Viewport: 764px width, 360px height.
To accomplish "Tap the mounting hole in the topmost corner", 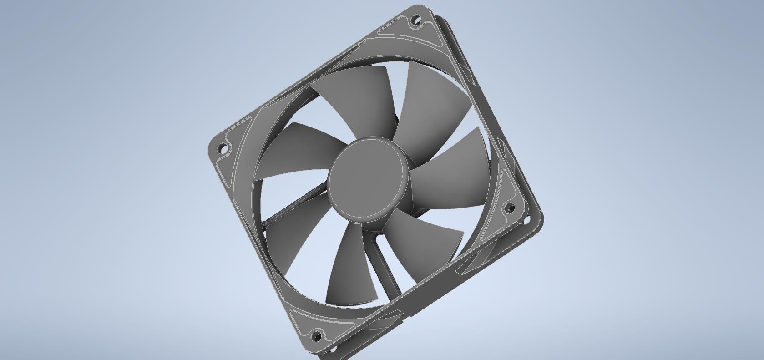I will (415, 20).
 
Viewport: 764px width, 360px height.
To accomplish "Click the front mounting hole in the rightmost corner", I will (510, 208).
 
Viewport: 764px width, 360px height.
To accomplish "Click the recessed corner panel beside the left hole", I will (234, 137).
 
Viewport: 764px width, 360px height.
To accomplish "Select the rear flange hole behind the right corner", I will (528, 220).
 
